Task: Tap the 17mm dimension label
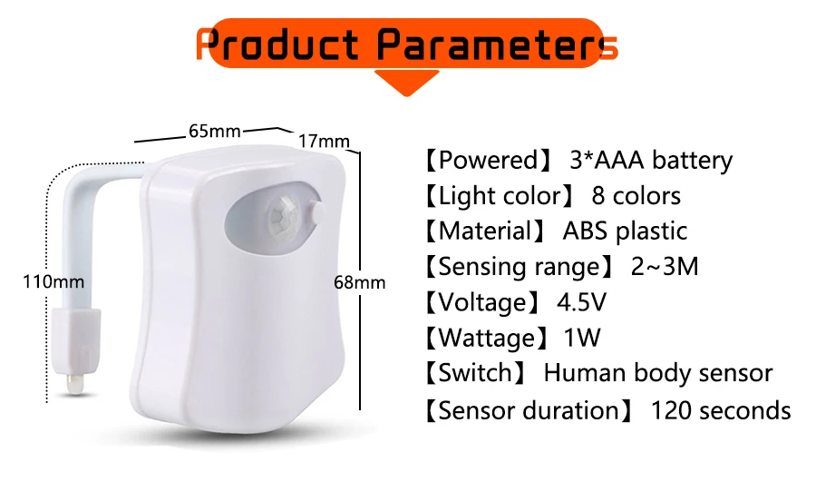point(324,141)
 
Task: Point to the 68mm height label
point(360,282)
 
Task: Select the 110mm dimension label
point(53,282)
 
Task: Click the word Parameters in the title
point(497,44)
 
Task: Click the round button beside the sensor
point(319,212)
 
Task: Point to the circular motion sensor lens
point(284,216)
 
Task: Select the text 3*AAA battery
point(650,162)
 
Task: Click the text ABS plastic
point(625,231)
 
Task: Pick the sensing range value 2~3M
point(665,267)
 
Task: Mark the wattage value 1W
point(582,339)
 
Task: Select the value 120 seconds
point(721,410)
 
